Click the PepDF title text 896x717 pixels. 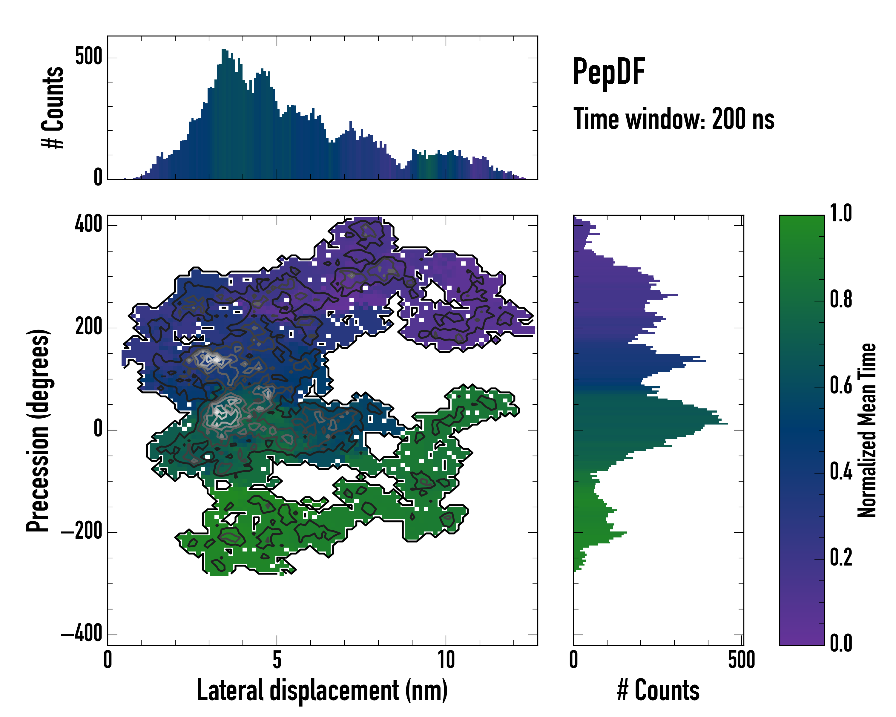tap(608, 72)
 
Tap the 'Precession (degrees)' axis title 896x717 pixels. tap(38, 430)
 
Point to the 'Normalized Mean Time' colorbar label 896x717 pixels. tap(867, 430)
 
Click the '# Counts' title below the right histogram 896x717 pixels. tap(658, 690)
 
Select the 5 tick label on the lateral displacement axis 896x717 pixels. tap(277, 660)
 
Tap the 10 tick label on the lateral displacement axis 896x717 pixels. tap(446, 660)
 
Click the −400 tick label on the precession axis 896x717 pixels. tap(82, 634)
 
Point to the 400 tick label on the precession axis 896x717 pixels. tap(88, 224)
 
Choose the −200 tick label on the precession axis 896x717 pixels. tap(82, 532)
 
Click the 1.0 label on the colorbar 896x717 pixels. tap(841, 213)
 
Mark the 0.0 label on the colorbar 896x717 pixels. tap(841, 643)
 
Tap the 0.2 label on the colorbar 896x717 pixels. tap(841, 557)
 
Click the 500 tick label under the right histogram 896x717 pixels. tap(741, 660)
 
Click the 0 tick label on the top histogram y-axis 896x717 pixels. tap(98, 178)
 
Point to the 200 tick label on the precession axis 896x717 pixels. tap(88, 327)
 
